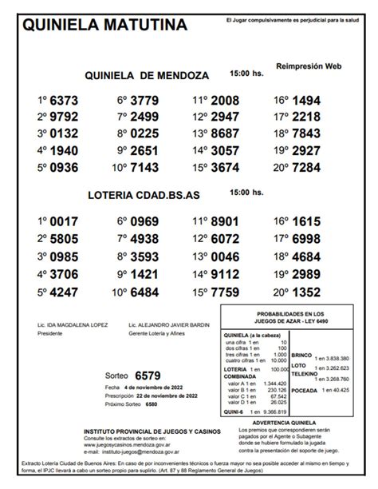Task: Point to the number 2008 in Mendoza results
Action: (x=225, y=101)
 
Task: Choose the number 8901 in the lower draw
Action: (x=225, y=221)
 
